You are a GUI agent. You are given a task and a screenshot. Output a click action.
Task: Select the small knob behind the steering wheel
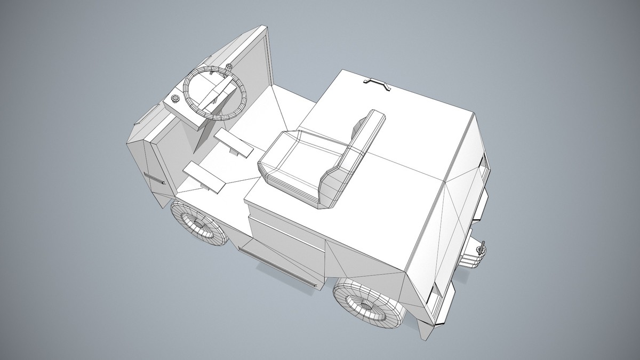[229, 67]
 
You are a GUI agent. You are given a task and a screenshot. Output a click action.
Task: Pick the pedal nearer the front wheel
[204, 177]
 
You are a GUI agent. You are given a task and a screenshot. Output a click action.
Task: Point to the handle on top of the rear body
[378, 83]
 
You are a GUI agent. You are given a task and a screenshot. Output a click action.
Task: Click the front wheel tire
[184, 224]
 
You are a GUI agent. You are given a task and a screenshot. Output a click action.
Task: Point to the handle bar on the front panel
[154, 178]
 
